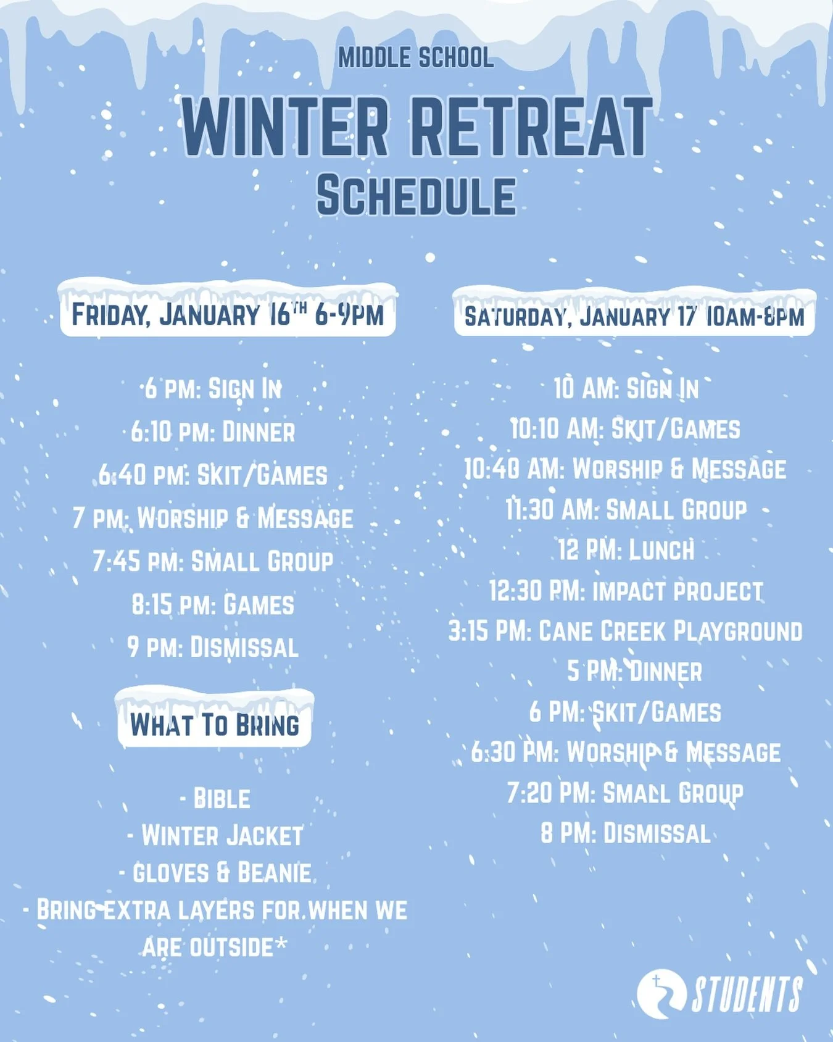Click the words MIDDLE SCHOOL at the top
416,58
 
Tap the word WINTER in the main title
284,127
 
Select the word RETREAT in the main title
531,127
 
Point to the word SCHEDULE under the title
416,196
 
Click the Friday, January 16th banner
228,314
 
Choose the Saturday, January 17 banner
634,316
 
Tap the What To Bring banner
215,723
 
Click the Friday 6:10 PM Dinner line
213,432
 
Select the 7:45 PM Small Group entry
213,562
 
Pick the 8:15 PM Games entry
213,605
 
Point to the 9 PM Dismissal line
213,648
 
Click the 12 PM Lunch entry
626,550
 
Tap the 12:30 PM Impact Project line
626,591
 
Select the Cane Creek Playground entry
626,631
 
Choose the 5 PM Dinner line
634,672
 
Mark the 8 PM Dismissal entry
626,834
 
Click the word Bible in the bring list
221,799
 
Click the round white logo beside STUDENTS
661,994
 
